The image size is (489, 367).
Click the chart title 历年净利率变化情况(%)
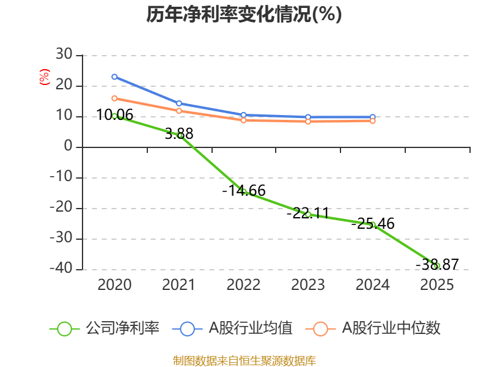[x=244, y=15]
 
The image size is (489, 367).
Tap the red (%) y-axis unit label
[x=44, y=78]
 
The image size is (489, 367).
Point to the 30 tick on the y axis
[x=64, y=56]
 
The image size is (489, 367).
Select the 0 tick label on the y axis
[x=67, y=147]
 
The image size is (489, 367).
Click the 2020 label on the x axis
[x=114, y=285]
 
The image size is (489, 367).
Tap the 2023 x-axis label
[x=308, y=285]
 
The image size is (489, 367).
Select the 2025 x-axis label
[x=437, y=285]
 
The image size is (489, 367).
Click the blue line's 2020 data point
[x=114, y=77]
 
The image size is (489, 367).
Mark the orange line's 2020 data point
[x=114, y=98]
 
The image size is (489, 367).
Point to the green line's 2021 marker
[x=179, y=135]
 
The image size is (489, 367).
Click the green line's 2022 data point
[x=243, y=191]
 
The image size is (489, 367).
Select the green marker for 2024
[x=372, y=225]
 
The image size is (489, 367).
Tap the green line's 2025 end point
[x=436, y=266]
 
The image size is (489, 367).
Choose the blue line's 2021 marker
[x=179, y=103]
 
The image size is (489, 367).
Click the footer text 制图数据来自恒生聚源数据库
[x=244, y=360]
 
